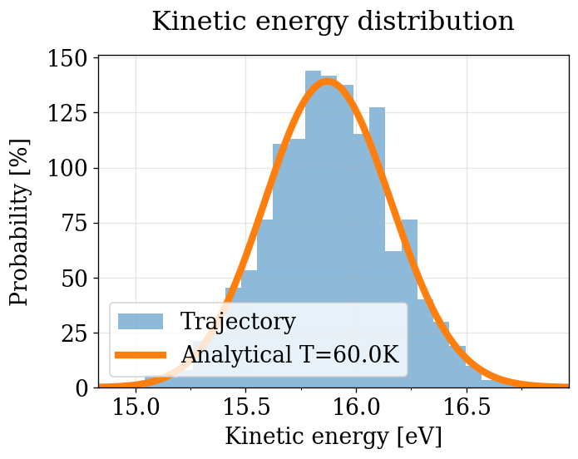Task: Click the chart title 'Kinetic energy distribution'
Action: click(333, 22)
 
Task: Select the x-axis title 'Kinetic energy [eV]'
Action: click(333, 436)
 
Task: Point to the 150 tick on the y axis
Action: click(71, 59)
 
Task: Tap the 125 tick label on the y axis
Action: click(71, 114)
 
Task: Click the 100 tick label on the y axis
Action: click(71, 169)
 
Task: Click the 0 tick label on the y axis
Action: click(82, 388)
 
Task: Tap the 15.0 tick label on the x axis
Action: click(136, 409)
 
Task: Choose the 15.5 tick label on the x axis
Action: click(246, 409)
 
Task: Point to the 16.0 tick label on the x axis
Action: click(356, 409)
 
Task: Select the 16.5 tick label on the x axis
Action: click(466, 409)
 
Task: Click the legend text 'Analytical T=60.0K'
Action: click(290, 355)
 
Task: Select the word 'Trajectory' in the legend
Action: click(238, 322)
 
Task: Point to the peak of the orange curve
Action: click(328, 81)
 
